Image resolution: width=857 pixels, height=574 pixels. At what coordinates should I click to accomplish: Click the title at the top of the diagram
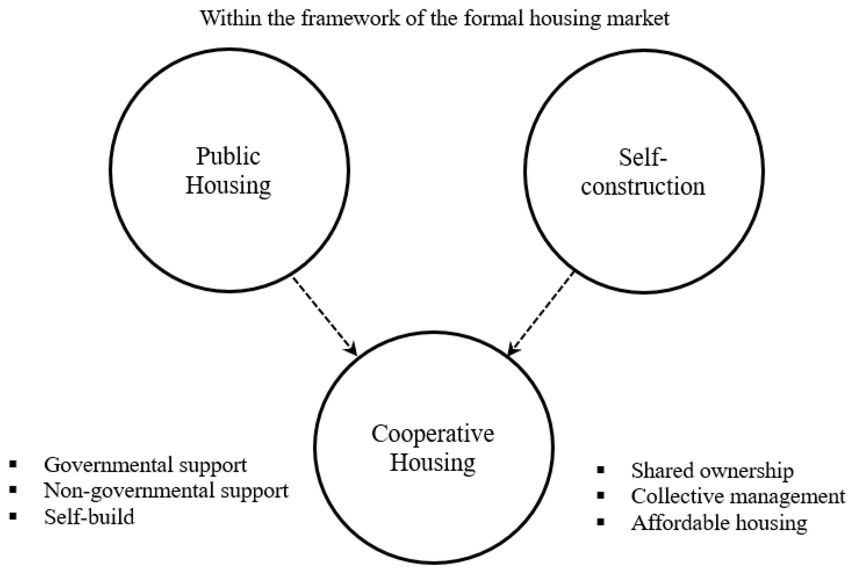pos(435,18)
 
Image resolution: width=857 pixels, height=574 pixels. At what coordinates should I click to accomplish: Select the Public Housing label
pos(228,171)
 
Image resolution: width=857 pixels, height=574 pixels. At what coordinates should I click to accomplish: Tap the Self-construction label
pos(643,172)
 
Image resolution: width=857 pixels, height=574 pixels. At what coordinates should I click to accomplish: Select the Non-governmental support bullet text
pos(166,491)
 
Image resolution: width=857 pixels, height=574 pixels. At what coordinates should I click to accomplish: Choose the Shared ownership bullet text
pos(712,471)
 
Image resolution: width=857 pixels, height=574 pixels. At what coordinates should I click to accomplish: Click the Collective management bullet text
pos(738,496)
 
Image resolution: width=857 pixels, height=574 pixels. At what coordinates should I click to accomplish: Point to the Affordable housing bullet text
pos(719,523)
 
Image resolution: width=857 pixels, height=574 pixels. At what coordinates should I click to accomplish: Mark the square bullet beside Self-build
pos(14,516)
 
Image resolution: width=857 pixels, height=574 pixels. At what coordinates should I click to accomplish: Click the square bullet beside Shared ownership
pos(601,470)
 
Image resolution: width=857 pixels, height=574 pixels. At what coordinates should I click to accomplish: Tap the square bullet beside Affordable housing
pos(601,522)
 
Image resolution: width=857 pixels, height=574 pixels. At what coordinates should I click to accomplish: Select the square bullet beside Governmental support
pos(14,464)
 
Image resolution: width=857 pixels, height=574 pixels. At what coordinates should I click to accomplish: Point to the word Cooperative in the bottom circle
pos(433,434)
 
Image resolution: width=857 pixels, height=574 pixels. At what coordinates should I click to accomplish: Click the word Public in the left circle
pos(228,156)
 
